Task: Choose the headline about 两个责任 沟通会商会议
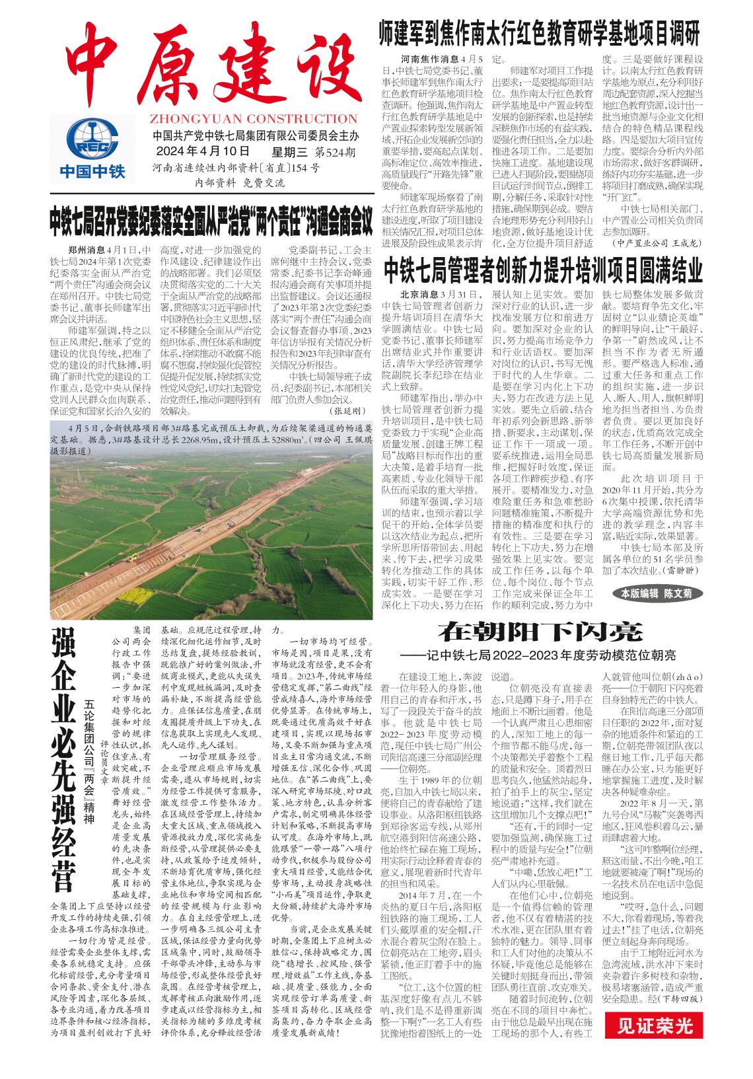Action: (x=209, y=224)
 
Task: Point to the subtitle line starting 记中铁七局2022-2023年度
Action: (x=550, y=655)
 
